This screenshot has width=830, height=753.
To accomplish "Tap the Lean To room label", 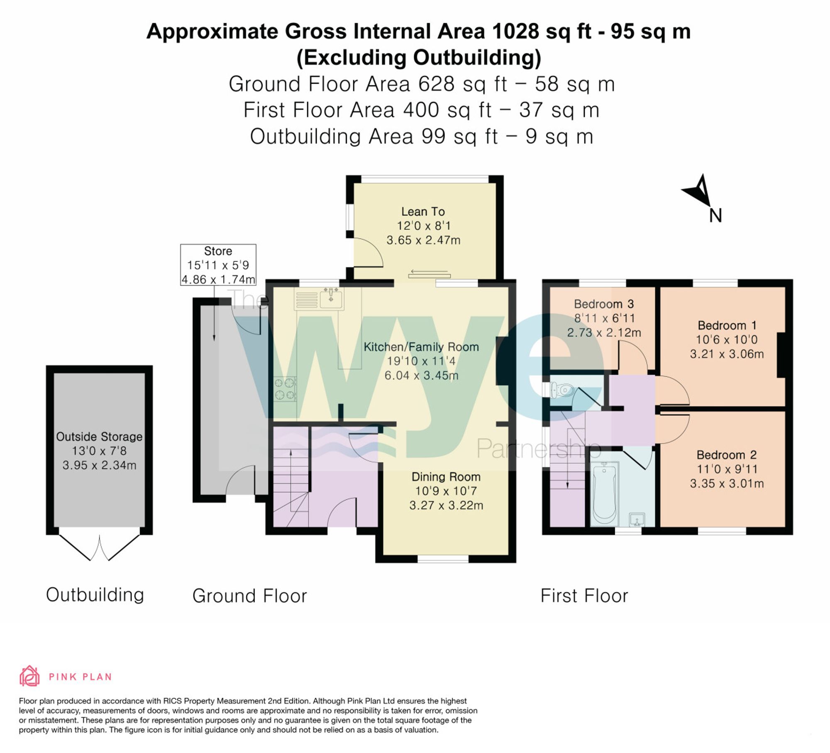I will [423, 211].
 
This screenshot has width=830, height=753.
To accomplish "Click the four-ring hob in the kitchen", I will [285, 389].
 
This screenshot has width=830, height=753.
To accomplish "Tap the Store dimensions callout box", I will [218, 265].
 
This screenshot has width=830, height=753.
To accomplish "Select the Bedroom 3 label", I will [603, 304].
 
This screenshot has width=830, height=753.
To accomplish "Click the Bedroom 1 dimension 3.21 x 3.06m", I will [727, 354].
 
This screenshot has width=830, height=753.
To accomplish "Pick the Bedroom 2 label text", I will [726, 455].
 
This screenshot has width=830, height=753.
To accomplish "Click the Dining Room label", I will [446, 477].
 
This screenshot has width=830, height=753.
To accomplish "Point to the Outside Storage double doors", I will [100, 547].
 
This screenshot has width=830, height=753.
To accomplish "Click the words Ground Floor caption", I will [249, 596].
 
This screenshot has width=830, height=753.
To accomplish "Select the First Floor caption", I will [584, 596].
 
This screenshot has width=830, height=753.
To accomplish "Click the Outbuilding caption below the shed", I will [95, 595].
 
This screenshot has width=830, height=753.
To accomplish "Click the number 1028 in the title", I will [515, 32].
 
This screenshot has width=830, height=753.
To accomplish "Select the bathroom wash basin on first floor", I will [637, 519].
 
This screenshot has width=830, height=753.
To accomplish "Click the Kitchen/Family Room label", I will [421, 347].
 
